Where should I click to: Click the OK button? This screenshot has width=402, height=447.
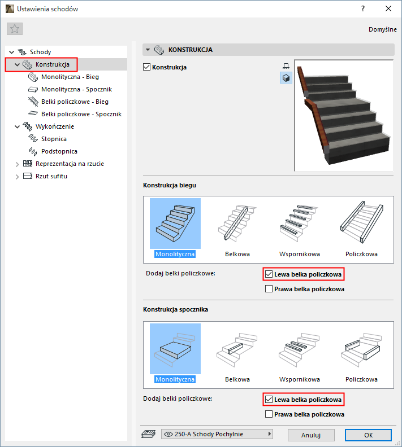point(368,435)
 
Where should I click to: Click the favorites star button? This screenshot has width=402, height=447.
point(15,29)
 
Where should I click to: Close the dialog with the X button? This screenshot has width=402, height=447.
point(388,9)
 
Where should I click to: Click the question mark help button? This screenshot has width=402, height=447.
point(363,9)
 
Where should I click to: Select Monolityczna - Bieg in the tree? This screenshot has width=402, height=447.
point(70,77)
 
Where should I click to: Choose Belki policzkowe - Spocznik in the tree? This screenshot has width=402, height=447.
point(81,114)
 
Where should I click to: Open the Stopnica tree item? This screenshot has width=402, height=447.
point(54,139)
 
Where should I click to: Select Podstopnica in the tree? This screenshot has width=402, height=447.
point(59,151)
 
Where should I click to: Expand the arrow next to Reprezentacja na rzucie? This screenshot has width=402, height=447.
point(17,164)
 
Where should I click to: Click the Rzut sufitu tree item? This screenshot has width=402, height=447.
point(51,176)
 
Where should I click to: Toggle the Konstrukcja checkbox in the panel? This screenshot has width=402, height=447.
point(146,67)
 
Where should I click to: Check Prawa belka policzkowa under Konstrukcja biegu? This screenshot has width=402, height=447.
point(269,289)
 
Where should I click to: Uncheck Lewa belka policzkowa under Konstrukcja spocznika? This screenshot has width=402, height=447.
point(269,400)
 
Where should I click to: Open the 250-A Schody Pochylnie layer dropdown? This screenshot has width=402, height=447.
point(217,434)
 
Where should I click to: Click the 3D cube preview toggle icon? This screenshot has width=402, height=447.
point(286,78)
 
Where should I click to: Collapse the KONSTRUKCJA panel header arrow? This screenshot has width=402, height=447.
point(148,50)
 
